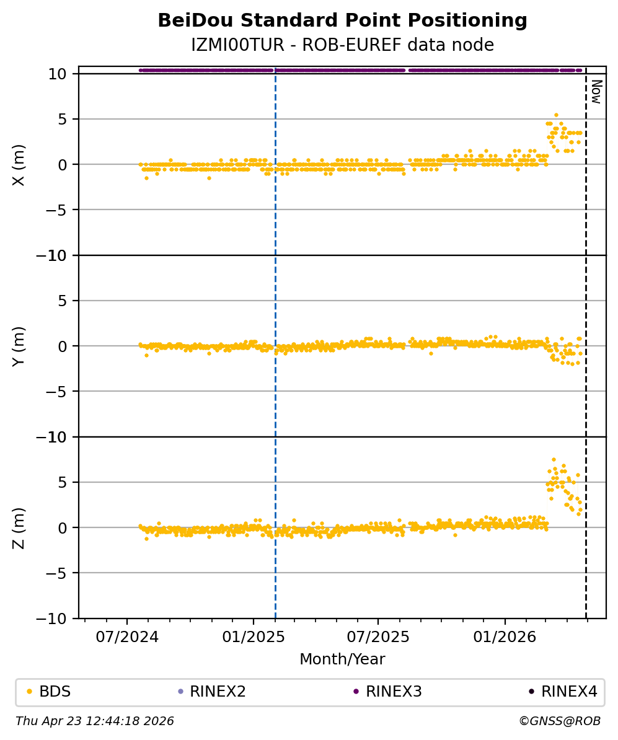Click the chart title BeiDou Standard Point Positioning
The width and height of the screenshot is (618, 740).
(x=342, y=20)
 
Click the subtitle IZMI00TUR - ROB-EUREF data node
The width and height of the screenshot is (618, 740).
(x=342, y=45)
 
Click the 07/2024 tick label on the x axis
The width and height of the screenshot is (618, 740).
(x=127, y=636)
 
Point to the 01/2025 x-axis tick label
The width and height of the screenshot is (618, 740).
(x=254, y=636)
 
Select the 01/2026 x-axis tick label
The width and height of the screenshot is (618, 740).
(x=505, y=636)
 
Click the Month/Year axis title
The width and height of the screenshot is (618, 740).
(x=342, y=659)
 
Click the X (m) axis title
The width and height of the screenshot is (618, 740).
(x=19, y=164)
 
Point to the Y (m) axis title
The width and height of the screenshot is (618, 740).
(x=19, y=346)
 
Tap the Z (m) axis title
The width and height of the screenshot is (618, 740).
(x=19, y=527)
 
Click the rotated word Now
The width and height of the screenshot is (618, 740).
(x=596, y=91)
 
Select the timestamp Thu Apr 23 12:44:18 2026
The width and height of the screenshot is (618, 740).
(x=95, y=721)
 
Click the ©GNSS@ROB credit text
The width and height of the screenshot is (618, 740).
(x=560, y=721)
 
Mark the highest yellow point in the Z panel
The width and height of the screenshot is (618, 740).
(x=554, y=459)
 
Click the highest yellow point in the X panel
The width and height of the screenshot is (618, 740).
(x=556, y=115)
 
